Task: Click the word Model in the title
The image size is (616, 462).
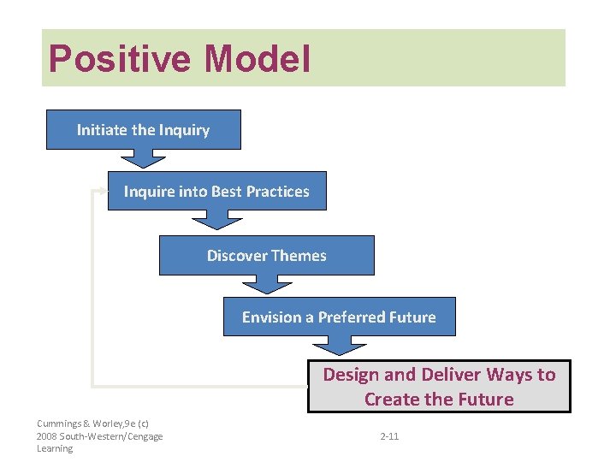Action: [x=258, y=59]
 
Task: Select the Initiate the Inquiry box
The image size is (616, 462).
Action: [x=143, y=130]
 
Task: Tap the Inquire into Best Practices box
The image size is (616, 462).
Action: [x=216, y=192]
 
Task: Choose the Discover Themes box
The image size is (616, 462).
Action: [x=266, y=256]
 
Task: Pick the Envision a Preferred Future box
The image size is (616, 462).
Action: [x=339, y=317]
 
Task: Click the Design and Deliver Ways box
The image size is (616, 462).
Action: [x=439, y=387]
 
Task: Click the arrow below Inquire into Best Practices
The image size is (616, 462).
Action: [x=216, y=220]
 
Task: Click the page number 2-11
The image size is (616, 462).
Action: [x=388, y=436]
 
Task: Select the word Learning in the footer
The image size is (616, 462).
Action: [x=55, y=448]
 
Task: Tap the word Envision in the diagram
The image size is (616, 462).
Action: [x=271, y=317]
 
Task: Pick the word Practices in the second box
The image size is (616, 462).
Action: [x=278, y=192]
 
